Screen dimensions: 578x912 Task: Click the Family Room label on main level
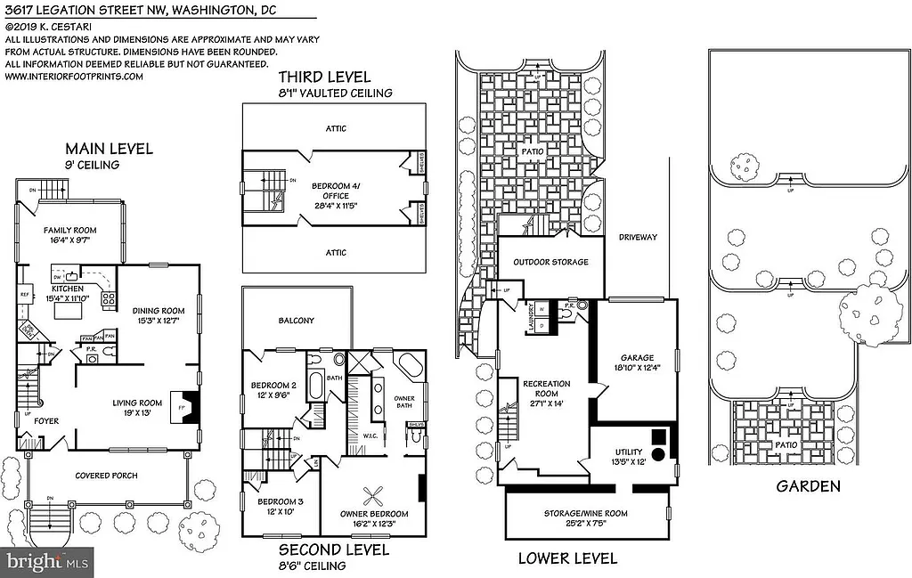click(x=70, y=231)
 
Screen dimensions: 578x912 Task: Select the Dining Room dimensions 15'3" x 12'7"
click(x=158, y=322)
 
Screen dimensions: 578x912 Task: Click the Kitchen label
click(x=68, y=289)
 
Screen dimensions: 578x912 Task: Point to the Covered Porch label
click(x=106, y=476)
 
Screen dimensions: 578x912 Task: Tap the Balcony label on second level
click(x=296, y=321)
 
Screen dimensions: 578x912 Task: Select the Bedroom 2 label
click(x=274, y=386)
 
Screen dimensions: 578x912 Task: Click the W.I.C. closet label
click(x=371, y=436)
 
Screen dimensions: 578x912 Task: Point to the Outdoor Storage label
click(x=550, y=262)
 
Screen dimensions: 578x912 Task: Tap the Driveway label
click(x=638, y=237)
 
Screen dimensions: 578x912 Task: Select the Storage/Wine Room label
click(x=585, y=514)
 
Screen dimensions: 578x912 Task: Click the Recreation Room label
click(x=547, y=389)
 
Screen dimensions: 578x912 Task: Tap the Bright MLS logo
click(x=47, y=562)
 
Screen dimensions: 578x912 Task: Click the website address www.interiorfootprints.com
click(x=74, y=77)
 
